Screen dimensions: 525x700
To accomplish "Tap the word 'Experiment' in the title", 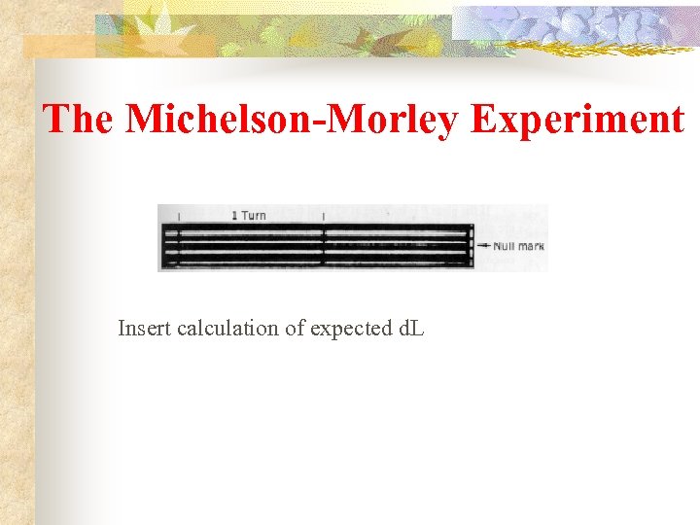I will click(x=577, y=119).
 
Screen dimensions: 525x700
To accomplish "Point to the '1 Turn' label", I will click(x=249, y=215).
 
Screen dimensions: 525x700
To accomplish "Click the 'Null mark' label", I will click(x=518, y=246).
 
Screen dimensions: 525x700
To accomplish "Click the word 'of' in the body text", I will click(x=294, y=329).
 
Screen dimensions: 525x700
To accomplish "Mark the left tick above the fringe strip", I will click(x=180, y=216).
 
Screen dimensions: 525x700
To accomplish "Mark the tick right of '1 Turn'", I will click(x=323, y=216).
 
